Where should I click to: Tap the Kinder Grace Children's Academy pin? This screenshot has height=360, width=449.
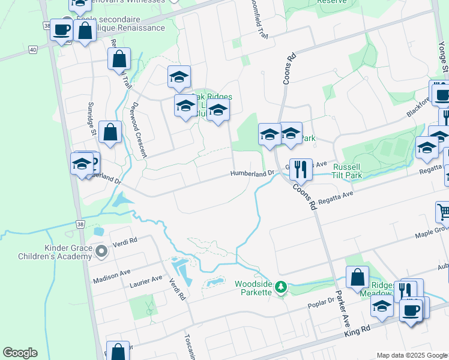coord(101,251)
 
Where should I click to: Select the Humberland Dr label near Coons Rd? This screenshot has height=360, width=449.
coord(253,173)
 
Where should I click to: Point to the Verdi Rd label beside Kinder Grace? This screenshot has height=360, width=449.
coord(124,240)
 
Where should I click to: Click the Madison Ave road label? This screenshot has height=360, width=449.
coord(112,277)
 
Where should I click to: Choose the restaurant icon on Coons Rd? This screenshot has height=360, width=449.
coord(301,170)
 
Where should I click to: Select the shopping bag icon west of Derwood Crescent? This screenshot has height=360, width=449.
coord(110,132)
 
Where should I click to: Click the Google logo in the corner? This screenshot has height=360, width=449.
coord(20,353)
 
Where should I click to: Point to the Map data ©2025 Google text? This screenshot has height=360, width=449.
coord(412,355)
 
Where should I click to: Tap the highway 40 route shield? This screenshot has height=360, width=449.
coord(32,49)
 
